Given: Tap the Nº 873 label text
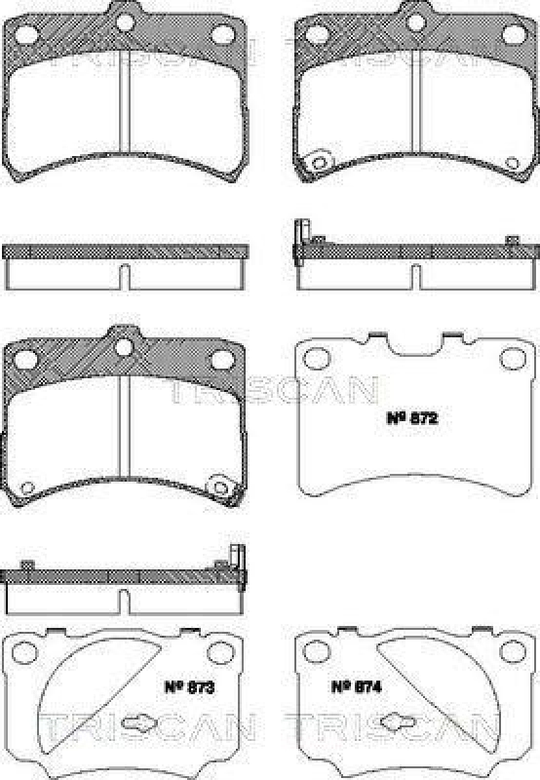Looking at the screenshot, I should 190,686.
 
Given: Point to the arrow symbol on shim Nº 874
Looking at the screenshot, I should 396,723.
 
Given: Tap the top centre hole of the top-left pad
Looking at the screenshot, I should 124,19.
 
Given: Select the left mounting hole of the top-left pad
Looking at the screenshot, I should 27,34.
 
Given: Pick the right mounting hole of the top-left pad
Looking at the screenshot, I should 220,34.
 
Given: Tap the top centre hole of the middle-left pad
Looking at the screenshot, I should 124,346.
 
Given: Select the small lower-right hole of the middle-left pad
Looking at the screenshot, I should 222,487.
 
